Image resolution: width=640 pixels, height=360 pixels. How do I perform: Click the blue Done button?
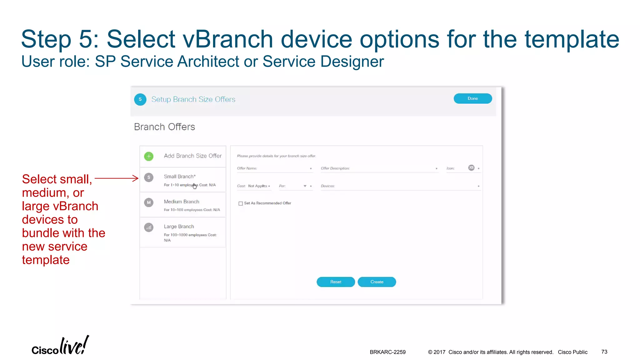[472, 98]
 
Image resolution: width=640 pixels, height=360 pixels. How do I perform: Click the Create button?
[377, 282]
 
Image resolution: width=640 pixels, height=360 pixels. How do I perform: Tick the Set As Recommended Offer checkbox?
[241, 203]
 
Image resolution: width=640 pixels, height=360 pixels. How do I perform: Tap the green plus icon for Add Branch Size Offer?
[149, 156]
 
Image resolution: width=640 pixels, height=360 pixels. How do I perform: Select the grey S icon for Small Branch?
[149, 177]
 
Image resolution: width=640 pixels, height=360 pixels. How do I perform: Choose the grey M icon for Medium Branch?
[149, 202]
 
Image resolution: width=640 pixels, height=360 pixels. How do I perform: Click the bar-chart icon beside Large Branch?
[149, 227]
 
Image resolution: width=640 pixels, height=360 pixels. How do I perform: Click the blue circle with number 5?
[140, 99]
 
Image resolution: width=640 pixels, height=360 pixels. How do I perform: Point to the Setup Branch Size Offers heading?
[193, 99]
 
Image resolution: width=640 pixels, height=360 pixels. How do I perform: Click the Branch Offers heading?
[164, 127]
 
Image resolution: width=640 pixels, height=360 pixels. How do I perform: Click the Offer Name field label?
[247, 168]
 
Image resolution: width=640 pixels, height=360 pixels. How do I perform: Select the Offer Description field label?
[335, 168]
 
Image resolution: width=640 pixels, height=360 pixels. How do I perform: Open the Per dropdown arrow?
[305, 186]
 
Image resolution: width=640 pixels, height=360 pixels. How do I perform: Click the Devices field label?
[327, 186]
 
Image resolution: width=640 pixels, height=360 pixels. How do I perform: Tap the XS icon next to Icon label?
[471, 168]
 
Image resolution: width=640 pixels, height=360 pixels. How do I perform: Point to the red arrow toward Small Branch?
[116, 178]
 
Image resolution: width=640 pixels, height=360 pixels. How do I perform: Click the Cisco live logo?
[60, 346]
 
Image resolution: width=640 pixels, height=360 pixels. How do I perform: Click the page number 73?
[604, 352]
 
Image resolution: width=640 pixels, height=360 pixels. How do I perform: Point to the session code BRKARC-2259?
[387, 352]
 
